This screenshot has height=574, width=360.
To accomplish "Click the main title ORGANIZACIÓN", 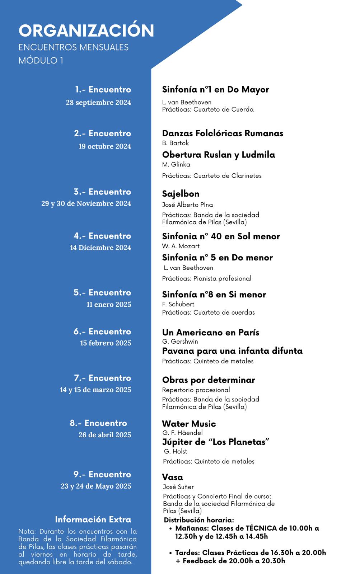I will (x=86, y=30).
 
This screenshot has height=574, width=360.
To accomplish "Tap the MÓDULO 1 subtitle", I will (x=41, y=60).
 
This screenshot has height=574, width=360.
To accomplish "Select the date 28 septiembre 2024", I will (x=98, y=103).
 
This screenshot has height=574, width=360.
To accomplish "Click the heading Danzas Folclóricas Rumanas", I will (x=223, y=133).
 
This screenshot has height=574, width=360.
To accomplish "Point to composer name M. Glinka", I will (x=176, y=165).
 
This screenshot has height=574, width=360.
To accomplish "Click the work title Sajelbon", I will (x=181, y=194).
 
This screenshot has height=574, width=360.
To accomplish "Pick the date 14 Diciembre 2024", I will (x=100, y=248).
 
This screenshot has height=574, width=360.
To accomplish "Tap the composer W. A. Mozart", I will (x=181, y=246).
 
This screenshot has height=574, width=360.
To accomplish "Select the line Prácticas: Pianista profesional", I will (x=206, y=278).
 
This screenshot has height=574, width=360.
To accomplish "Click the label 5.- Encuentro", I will (x=102, y=293).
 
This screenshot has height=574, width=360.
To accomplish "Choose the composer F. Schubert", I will (x=178, y=304).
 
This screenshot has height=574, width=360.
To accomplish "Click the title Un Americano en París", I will (x=210, y=333).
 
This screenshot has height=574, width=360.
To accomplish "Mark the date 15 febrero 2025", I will (x=106, y=343).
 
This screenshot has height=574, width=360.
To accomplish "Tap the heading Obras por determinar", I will (x=209, y=380).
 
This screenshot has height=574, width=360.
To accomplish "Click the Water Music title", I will (x=189, y=424).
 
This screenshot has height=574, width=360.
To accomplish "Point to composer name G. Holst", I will (x=176, y=451).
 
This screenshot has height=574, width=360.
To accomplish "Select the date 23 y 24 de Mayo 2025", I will (x=96, y=486).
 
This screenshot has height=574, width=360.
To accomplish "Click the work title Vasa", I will (x=172, y=477).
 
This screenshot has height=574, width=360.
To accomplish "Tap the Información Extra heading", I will (x=93, y=519).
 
